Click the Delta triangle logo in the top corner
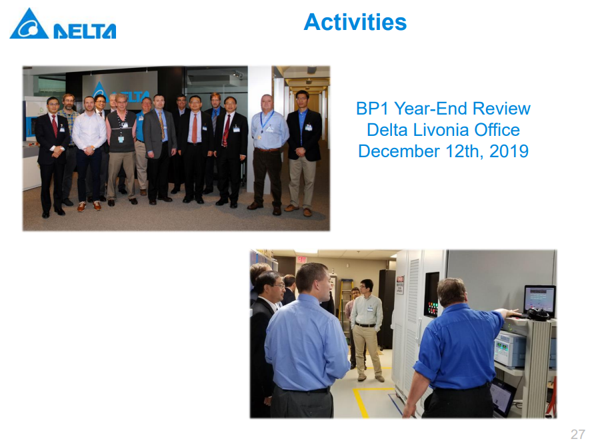[x=29, y=24]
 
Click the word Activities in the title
[x=355, y=22]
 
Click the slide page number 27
[x=577, y=434]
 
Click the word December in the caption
[x=399, y=151]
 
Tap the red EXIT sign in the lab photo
[x=302, y=260]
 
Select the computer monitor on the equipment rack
[x=539, y=300]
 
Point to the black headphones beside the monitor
[x=539, y=314]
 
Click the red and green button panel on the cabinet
[x=431, y=308]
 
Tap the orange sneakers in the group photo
[x=89, y=206]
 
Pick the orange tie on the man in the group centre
[x=195, y=129]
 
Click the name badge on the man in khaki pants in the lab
[x=370, y=309]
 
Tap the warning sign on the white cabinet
[x=400, y=285]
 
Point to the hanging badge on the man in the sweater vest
[x=121, y=139]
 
